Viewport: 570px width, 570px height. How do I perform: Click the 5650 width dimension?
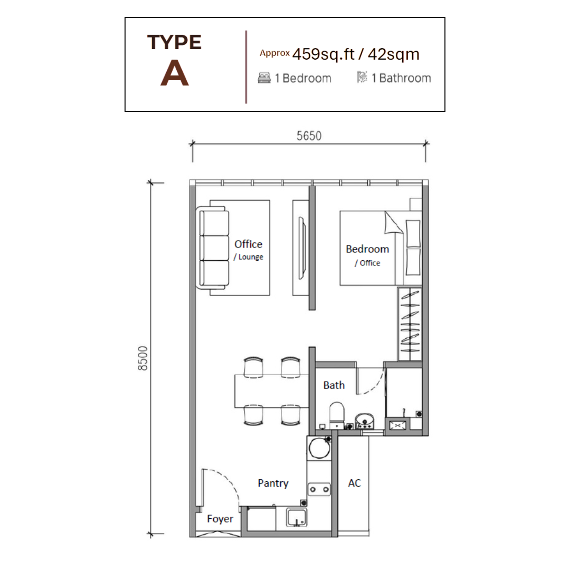point(309,136)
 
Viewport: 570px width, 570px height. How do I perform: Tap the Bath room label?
point(334,385)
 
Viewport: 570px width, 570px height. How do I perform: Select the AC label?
point(354,483)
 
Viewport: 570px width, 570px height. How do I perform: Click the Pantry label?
point(273,483)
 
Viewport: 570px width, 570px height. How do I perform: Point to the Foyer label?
point(220,519)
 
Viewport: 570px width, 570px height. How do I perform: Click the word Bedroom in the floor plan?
point(367,249)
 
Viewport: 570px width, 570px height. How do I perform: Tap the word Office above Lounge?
point(248,244)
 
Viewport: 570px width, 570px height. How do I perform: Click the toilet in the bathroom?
point(336,415)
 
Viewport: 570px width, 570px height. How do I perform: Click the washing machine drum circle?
point(319,449)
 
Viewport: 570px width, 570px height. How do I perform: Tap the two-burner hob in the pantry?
point(319,489)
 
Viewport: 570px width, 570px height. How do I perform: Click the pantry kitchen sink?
point(297,517)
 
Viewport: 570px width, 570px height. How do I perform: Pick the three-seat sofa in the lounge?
point(213,248)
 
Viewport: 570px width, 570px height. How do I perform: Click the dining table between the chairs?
point(268,391)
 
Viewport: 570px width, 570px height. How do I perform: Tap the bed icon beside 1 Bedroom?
point(264,78)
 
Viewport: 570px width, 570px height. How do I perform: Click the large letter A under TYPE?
point(174,74)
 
